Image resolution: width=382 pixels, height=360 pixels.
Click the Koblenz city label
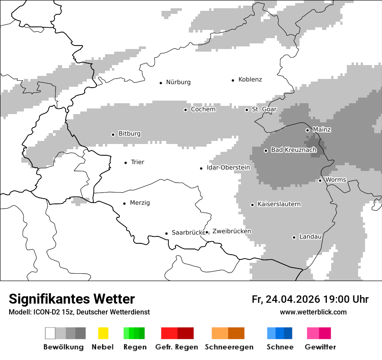coord(250,80)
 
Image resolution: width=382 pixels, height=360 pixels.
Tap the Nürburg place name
coord(178,82)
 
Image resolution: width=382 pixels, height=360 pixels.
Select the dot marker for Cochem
coord(185,110)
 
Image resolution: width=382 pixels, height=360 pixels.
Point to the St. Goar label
coord(264,110)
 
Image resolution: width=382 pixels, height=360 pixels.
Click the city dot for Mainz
coord(307,130)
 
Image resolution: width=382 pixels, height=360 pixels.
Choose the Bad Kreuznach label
coord(293,150)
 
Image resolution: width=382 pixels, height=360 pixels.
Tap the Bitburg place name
coord(129,134)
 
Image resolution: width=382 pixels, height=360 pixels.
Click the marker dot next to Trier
coord(126,163)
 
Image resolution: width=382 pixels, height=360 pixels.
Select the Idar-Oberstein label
coord(228,168)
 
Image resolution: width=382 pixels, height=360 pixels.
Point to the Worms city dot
coord(320,180)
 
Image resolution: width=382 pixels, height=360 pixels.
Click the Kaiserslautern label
coord(279,204)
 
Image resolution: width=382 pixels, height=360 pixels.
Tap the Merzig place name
coord(140,203)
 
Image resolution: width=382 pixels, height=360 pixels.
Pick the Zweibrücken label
coord(231,232)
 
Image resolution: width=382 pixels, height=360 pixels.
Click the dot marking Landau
coord(294,237)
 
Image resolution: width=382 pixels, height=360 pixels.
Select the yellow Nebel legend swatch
coord(103,333)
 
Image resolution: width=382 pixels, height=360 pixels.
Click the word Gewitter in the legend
coord(320,347)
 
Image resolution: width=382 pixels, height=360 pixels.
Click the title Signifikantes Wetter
coord(72,299)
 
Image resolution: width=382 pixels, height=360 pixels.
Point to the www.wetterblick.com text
coord(313,312)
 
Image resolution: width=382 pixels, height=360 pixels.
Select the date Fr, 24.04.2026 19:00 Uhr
coord(310,299)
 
